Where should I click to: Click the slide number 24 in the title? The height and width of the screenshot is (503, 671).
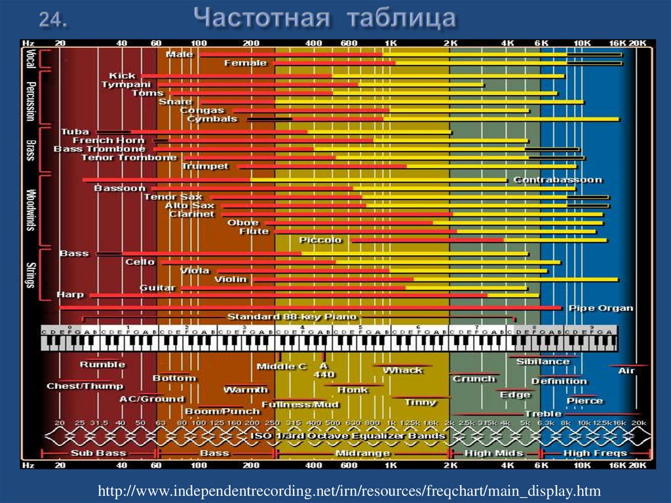53,19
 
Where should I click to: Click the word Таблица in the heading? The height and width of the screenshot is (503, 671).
400,18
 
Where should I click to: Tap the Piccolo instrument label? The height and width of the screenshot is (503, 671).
320,240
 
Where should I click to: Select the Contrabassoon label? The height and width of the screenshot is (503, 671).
557,180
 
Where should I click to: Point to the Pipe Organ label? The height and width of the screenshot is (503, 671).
600,308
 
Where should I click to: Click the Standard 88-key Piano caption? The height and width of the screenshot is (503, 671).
292,317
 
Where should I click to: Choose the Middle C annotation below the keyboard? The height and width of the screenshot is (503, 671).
281,367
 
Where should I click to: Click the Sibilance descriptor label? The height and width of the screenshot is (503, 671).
543,361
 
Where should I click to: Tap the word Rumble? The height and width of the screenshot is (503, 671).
102,364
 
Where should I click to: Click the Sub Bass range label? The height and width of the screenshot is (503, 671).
98,453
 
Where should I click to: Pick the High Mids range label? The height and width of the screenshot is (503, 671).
493,453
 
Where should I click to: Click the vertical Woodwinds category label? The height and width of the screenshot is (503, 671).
30,210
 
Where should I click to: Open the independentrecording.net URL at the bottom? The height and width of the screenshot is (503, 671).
349,491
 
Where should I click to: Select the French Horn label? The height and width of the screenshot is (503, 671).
108,140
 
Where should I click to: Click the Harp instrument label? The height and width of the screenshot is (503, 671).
70,295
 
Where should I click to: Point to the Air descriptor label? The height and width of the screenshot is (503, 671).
626,371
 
